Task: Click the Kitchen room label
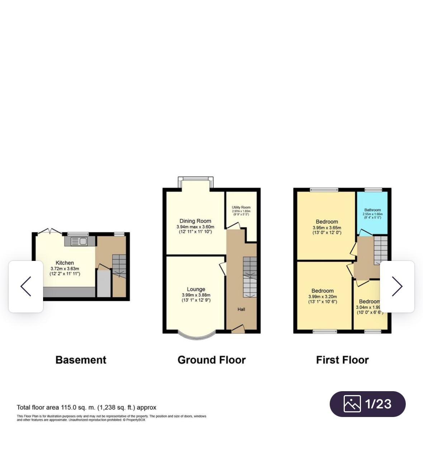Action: tap(65, 263)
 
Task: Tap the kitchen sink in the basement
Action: tap(79, 241)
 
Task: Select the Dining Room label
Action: tap(195, 221)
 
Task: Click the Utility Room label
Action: tap(241, 207)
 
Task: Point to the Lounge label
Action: tap(196, 289)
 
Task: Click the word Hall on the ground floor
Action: tap(241, 309)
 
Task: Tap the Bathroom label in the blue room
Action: tap(372, 210)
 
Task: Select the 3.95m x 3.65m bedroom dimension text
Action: tap(326, 228)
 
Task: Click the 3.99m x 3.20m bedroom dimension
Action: tap(323, 297)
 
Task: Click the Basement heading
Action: tap(81, 360)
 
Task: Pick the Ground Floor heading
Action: tap(211, 360)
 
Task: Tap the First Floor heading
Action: tap(342, 360)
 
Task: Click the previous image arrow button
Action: tap(26, 286)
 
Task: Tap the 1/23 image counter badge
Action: tap(367, 404)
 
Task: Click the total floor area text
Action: tap(86, 407)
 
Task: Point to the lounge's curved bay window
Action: tap(196, 336)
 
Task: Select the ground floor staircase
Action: tap(250, 277)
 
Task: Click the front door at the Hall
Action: tap(238, 329)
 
